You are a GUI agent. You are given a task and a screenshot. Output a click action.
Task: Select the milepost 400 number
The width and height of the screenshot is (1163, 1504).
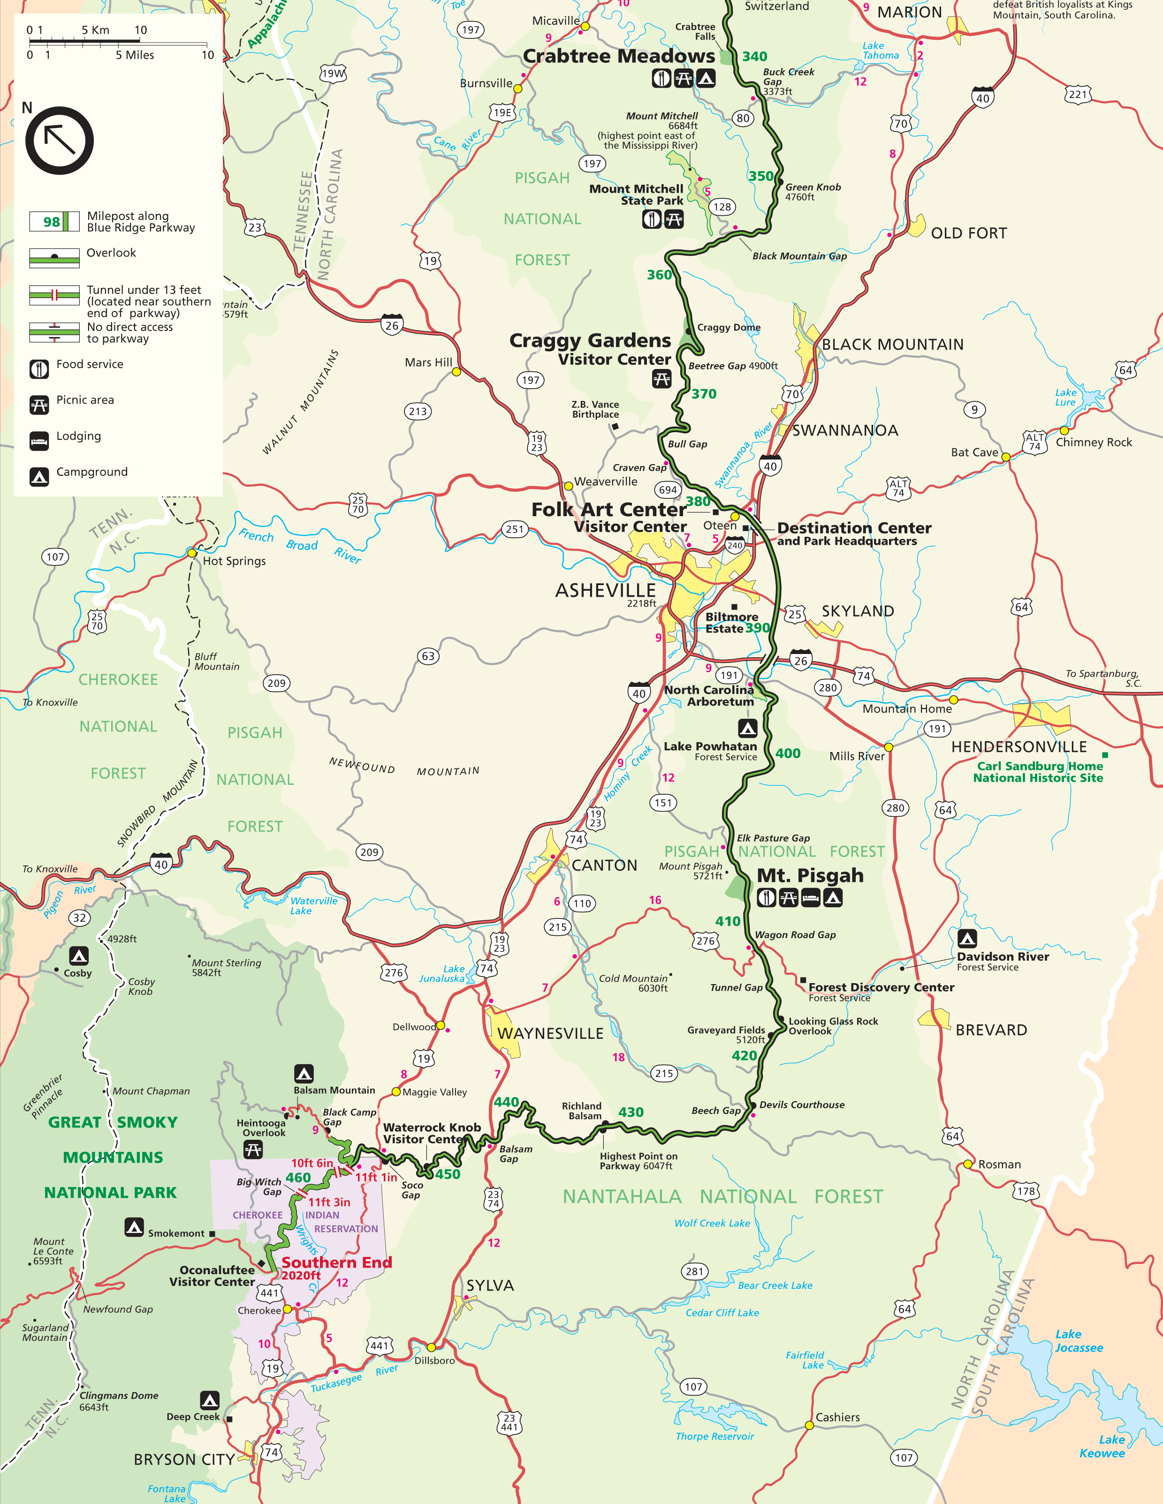(788, 753)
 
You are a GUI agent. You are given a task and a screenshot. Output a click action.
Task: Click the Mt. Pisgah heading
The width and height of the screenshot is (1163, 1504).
(810, 875)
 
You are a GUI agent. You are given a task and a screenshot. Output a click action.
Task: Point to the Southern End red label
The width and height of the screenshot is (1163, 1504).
(336, 1262)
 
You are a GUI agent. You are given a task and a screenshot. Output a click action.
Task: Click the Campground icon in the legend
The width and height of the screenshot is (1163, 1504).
(39, 476)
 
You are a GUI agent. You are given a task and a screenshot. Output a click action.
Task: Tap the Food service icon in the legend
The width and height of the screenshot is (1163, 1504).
(39, 369)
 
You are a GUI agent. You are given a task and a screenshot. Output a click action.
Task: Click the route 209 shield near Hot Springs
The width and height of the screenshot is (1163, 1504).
(276, 683)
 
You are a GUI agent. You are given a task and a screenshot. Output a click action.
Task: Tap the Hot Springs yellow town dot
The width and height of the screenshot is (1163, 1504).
(192, 553)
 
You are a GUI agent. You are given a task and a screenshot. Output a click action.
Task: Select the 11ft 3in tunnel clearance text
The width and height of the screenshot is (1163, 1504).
(329, 1203)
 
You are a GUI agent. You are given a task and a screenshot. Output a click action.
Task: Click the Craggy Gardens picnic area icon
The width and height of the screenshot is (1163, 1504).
(661, 379)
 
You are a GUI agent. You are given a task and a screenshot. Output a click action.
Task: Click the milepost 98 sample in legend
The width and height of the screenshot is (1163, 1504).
(54, 222)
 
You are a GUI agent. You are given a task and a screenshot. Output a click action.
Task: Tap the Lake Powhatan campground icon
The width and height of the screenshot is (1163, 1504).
(747, 728)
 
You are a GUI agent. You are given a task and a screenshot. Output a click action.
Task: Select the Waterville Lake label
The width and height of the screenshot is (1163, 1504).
(313, 906)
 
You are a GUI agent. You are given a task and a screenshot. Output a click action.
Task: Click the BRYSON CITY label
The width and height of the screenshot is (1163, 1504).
(183, 1459)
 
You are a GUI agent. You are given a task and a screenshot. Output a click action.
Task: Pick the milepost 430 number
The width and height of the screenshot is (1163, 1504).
(631, 1112)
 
